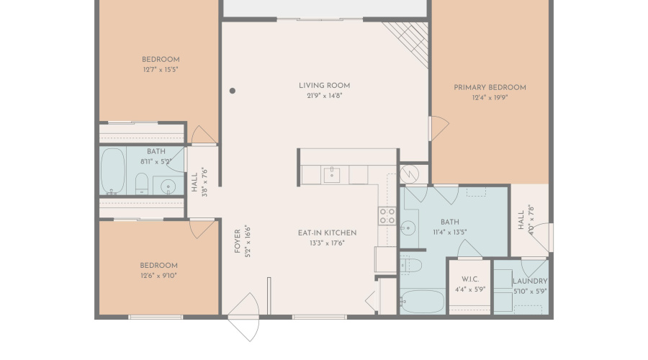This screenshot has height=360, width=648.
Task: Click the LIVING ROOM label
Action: [325, 86]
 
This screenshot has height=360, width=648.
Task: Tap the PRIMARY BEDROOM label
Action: [490, 88]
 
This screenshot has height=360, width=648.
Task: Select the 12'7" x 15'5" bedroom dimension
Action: [161, 69]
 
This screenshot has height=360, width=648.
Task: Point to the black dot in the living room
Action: [233, 91]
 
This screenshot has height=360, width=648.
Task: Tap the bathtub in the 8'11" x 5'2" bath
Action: [113, 171]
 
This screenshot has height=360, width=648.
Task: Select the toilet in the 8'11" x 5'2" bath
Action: [142, 184]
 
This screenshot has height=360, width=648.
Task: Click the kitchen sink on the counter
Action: [331, 175]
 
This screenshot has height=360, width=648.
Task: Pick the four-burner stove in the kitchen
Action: [387, 216]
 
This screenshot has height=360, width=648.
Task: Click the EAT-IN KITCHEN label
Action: [328, 233]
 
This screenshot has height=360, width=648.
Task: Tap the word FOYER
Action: [237, 241]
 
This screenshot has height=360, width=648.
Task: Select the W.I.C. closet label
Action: [470, 279]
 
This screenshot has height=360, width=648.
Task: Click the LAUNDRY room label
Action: [530, 281]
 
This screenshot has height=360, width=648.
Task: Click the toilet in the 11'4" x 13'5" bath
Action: [411, 265]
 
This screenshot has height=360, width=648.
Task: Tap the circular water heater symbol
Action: [409, 174]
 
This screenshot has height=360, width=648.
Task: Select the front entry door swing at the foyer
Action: [244, 317]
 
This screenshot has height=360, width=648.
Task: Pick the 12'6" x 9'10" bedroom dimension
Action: [158, 276]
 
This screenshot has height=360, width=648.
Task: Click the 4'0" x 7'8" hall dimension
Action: [531, 220]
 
